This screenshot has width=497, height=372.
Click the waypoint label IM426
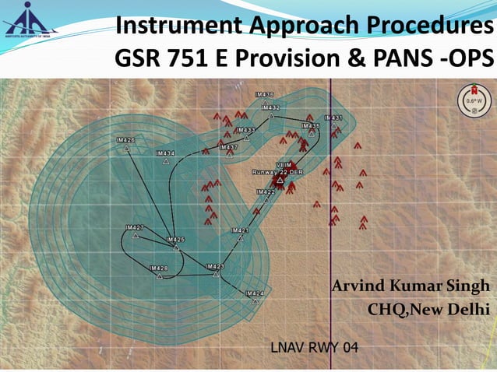pos(125,140)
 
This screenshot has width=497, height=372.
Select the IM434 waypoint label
pos(165,153)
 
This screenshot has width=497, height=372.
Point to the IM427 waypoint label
pos(135,227)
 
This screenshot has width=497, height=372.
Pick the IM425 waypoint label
pos(175,240)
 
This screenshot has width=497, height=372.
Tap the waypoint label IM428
pos(158,268)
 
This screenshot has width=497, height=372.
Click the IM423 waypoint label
pos(215,266)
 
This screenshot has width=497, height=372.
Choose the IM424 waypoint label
pos(254,293)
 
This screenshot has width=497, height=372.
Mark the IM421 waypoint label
pos(239,230)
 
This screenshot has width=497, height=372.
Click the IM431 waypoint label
pos(333,118)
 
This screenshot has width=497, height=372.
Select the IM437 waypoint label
pos(229,147)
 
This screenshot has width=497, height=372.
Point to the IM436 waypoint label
pos(265,93)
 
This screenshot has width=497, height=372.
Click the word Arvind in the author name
pos(359,286)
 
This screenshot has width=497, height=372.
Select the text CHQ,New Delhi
pos(428,311)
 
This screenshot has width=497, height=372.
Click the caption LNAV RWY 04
pos(314,346)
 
